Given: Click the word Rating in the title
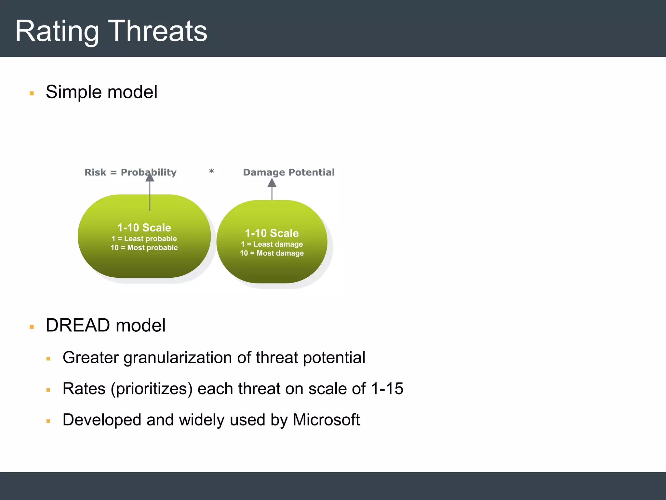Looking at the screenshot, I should (x=57, y=32).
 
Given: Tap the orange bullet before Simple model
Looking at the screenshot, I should (x=32, y=93).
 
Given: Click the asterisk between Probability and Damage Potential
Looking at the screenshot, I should (x=211, y=172).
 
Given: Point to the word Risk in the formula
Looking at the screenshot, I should (x=95, y=172).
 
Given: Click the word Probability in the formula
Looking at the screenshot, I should (x=148, y=172).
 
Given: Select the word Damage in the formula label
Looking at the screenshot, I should (x=264, y=172).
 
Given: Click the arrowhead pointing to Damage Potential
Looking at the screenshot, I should (x=272, y=183).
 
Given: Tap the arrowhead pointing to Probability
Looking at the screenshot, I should (x=150, y=178).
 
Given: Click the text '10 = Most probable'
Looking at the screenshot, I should (x=144, y=248).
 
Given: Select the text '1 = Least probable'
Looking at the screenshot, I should (x=144, y=239).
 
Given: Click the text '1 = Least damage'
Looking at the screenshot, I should (x=272, y=244).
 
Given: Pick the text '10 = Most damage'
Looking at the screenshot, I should (x=272, y=253).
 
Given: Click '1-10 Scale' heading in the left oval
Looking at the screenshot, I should (x=144, y=228).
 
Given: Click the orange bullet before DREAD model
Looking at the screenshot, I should (x=32, y=327).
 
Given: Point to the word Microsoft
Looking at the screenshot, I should (x=326, y=420).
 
